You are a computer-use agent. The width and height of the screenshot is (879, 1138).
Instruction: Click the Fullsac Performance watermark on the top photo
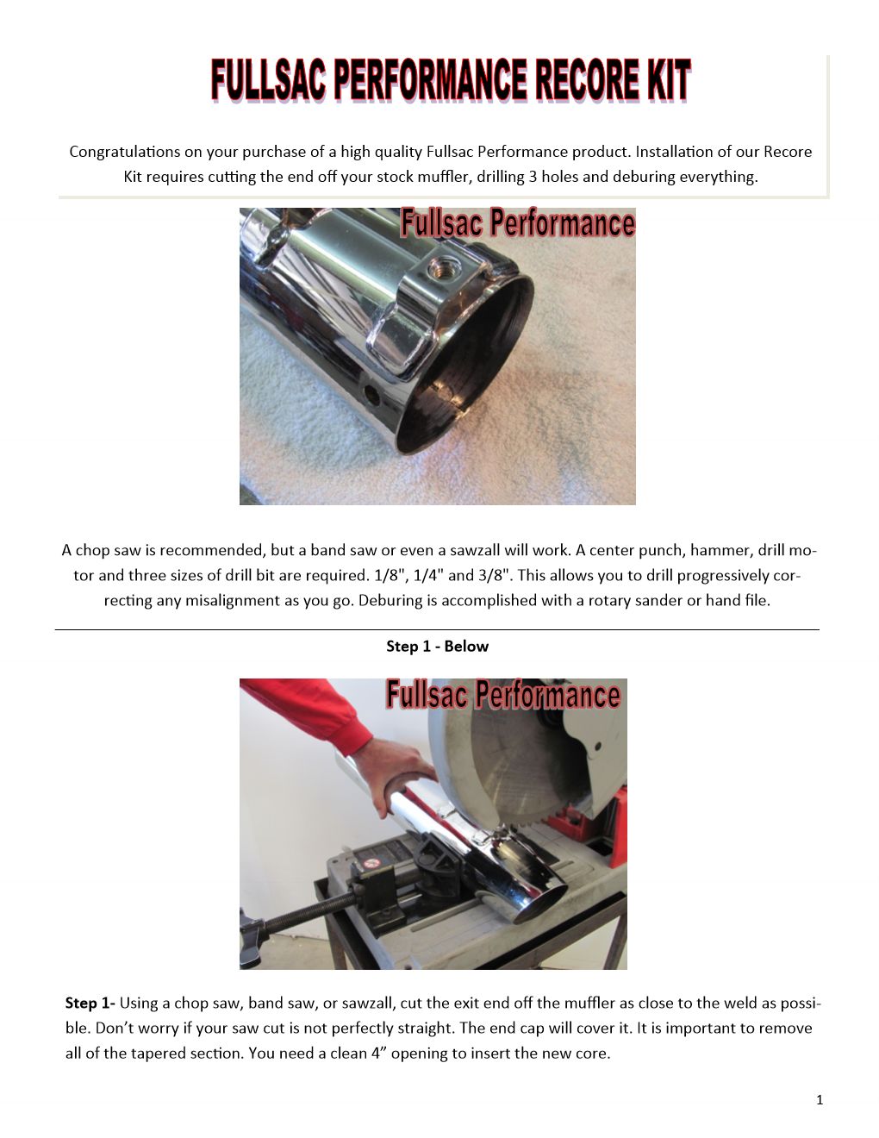coord(518,223)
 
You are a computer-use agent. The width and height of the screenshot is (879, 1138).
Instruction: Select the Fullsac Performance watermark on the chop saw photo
coord(503,695)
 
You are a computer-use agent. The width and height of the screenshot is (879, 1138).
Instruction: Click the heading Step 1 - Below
coord(437,647)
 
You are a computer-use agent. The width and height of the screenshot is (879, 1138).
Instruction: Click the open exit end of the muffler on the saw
coord(539,905)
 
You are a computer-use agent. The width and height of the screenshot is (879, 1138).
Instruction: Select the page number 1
coord(820,1100)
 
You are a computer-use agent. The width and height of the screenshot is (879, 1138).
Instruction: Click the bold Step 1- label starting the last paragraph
coord(90,1003)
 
